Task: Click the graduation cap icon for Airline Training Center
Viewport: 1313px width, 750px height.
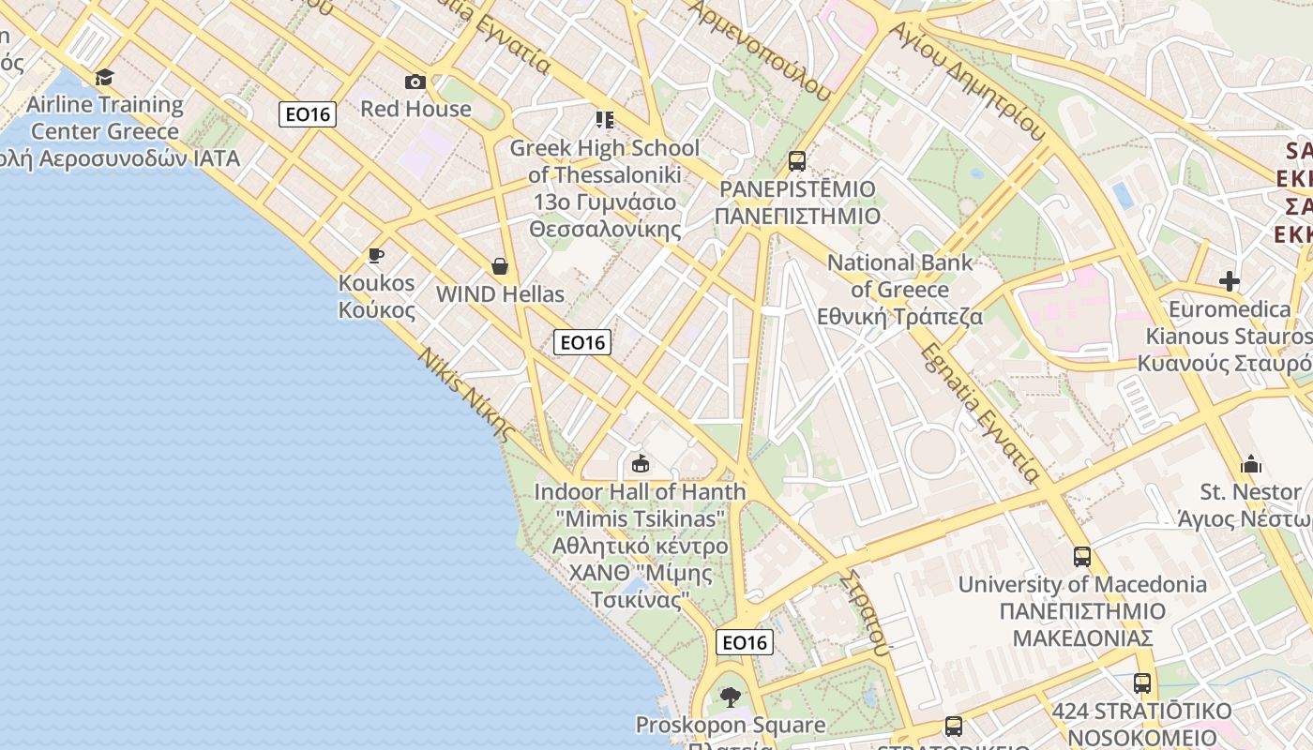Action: click(104, 77)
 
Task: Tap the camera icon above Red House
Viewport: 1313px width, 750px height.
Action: click(415, 82)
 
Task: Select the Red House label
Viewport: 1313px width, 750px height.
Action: click(415, 109)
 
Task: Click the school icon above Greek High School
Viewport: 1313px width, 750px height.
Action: click(605, 120)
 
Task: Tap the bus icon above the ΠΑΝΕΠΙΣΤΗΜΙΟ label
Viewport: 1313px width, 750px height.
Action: click(797, 161)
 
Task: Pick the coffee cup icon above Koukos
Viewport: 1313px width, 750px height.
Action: click(376, 255)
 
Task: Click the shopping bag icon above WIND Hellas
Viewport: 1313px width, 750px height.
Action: click(500, 266)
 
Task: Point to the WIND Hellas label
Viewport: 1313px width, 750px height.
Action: click(500, 294)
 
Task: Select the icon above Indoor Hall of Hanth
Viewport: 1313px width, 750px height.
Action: click(641, 463)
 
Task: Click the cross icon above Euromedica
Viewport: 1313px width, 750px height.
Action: click(1230, 281)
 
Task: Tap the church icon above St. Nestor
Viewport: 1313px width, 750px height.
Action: click(1251, 464)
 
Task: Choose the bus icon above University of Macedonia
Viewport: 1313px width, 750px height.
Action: click(1082, 557)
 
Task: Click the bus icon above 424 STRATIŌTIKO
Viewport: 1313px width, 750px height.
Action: click(1141, 683)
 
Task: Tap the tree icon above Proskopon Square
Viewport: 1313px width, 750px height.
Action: click(731, 697)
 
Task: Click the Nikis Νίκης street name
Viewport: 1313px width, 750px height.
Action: click(466, 394)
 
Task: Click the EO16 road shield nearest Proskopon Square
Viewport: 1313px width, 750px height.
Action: click(745, 642)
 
